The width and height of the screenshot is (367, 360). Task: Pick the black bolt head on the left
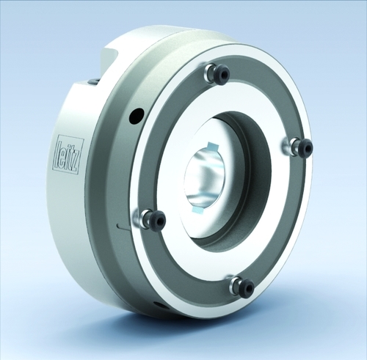click(x=158, y=221)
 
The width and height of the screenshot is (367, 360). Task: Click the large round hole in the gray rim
click(x=137, y=117)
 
